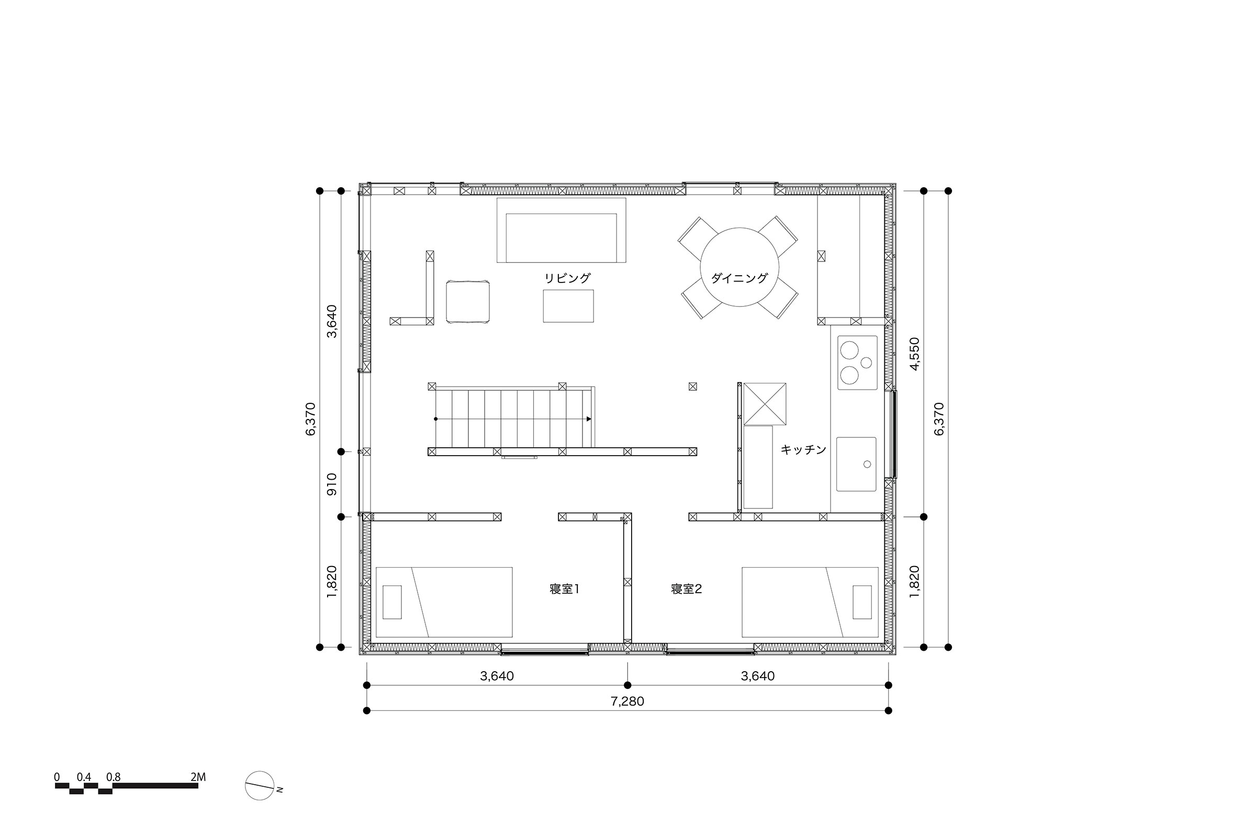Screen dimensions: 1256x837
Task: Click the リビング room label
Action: pos(567,278)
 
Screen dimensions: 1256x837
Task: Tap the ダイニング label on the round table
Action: pos(739,278)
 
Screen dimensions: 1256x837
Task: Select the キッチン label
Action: pos(803,449)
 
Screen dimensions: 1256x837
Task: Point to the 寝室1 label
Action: pos(565,589)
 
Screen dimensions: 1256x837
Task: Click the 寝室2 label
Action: pos(686,589)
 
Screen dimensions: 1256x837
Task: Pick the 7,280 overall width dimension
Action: pos(627,701)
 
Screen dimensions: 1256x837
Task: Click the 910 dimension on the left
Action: pos(332,484)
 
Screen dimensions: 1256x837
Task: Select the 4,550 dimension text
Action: pos(915,354)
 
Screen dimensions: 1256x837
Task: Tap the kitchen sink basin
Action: pos(856,464)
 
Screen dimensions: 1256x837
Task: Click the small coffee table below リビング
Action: pos(568,306)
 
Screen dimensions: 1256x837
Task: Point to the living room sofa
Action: pos(561,230)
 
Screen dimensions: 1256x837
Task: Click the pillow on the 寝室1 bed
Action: pos(392,602)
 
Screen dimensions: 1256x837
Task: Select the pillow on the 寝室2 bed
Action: pos(862,602)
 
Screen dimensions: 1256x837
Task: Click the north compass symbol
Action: pos(260,786)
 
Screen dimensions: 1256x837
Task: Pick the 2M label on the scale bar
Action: pos(198,777)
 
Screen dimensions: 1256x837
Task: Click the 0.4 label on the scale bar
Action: pos(84,777)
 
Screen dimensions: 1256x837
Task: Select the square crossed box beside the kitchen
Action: pos(765,403)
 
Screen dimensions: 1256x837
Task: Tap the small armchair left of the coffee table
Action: pos(468,302)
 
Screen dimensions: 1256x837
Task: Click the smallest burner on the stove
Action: pos(866,363)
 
